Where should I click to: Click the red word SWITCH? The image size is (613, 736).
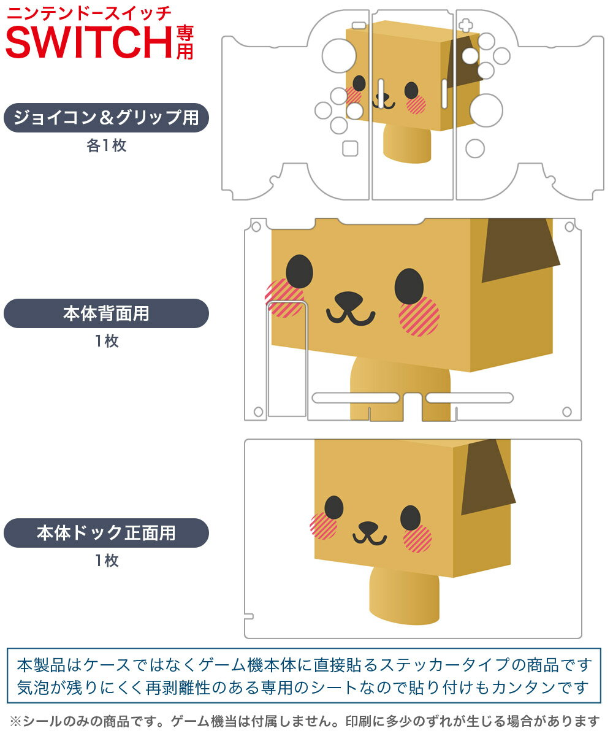tap(89, 42)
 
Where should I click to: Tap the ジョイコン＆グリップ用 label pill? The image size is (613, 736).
tap(106, 118)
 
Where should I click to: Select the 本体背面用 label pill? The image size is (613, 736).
tap(106, 313)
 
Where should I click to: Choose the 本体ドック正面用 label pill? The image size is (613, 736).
tap(106, 532)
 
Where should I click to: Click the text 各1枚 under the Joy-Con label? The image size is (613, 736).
tap(106, 146)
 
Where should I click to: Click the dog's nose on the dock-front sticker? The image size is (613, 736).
tap(368, 528)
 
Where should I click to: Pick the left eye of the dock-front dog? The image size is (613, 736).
tap(333, 507)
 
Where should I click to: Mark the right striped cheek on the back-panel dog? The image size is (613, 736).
tap(419, 316)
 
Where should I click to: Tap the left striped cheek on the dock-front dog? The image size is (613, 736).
tap(323, 526)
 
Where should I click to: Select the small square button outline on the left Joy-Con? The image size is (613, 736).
tap(350, 148)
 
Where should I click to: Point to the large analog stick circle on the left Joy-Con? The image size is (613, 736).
tap(338, 55)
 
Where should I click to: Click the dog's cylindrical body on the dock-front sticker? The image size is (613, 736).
tap(404, 596)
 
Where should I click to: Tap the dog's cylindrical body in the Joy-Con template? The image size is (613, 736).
tap(407, 144)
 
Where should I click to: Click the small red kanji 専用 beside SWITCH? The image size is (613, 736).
tap(185, 42)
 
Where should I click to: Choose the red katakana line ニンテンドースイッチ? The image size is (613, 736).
tap(88, 12)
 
